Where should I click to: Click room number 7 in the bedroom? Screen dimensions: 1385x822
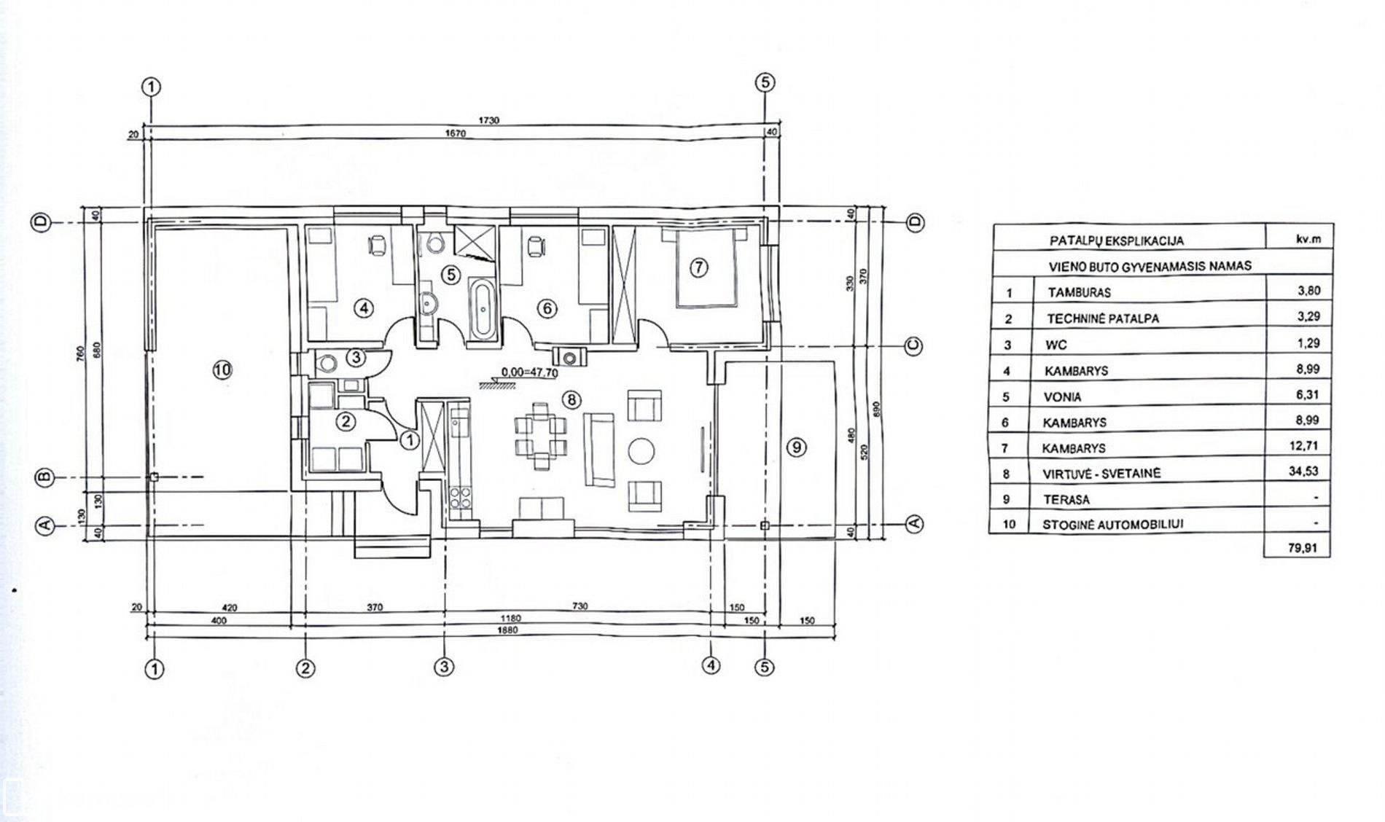pos(698,267)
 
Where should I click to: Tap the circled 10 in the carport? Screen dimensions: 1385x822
pos(222,369)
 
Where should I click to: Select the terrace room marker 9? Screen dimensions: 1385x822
pos(797,447)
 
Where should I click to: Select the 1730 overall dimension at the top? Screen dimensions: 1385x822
pos(489,120)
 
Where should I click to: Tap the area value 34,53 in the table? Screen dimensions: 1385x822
pos(1303,471)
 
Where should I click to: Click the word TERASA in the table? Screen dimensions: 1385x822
pos(1066,500)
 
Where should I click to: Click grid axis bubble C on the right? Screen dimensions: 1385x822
pos(914,346)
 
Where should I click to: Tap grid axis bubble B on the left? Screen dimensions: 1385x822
pos(44,477)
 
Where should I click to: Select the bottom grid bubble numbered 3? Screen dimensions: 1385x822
pos(444,666)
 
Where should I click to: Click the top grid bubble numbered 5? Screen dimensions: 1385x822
pos(765,83)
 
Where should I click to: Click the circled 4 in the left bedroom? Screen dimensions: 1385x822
pos(364,308)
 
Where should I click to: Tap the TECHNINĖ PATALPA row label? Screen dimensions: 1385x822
pos(1103,318)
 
